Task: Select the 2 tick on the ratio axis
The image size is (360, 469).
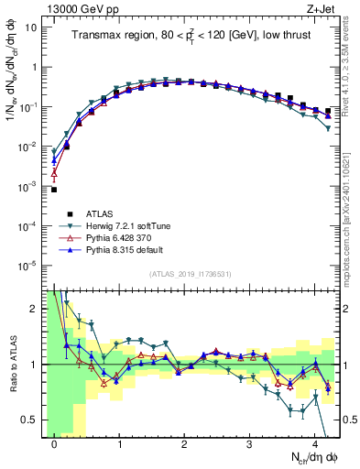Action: pos(35,309)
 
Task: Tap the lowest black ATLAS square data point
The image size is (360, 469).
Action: pos(54,190)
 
